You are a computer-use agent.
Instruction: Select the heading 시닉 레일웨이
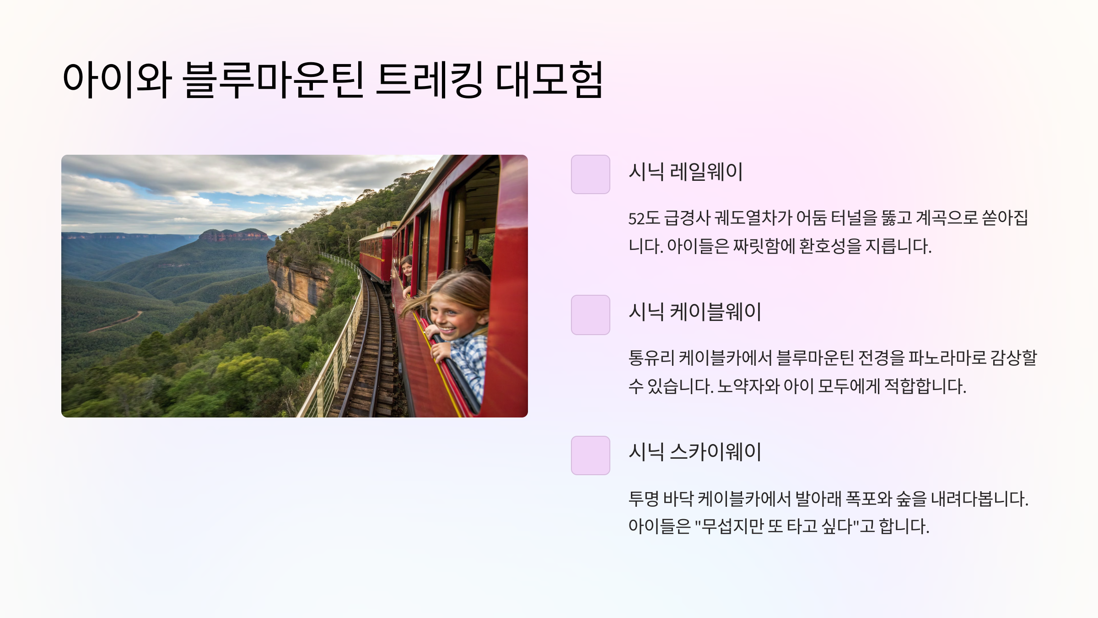pyautogui.click(x=685, y=172)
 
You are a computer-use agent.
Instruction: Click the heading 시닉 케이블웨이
pyautogui.click(x=694, y=312)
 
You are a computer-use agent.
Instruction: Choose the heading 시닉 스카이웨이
pyautogui.click(x=694, y=452)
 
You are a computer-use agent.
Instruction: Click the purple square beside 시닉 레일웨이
pyautogui.click(x=590, y=174)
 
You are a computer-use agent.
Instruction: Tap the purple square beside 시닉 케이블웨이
pyautogui.click(x=590, y=315)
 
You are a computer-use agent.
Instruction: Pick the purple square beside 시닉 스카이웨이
pyautogui.click(x=590, y=455)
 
